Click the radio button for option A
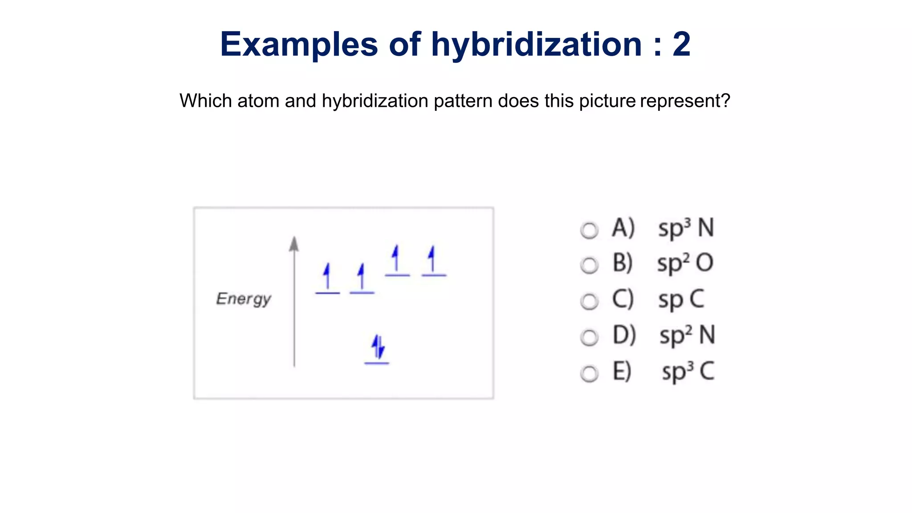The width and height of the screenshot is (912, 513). tap(589, 230)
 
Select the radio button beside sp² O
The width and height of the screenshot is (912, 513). tap(589, 265)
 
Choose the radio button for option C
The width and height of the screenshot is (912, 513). tap(589, 301)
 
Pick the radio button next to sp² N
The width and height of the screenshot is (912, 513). tap(589, 338)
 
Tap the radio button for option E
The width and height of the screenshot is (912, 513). tap(589, 374)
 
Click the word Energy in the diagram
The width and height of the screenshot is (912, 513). tap(244, 299)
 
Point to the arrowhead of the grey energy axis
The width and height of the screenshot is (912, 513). tap(294, 244)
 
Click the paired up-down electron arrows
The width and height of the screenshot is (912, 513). tap(378, 346)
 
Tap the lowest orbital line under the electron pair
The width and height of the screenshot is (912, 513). tap(377, 363)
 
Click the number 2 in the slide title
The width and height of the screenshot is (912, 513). tap(681, 45)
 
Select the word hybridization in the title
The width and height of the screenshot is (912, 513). tap(536, 45)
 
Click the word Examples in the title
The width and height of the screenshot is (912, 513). tap(299, 45)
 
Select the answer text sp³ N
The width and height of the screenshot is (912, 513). tap(686, 228)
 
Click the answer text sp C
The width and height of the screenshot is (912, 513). tap(681, 300)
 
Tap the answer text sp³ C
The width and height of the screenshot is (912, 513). tap(688, 372)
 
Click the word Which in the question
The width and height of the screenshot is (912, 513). tap(206, 101)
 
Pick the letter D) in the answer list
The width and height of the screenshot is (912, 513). tap(624, 335)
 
